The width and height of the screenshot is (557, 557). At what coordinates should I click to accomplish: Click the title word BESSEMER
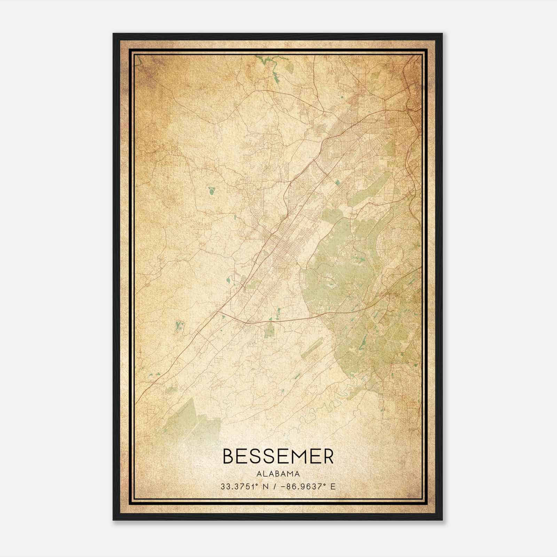[278, 456]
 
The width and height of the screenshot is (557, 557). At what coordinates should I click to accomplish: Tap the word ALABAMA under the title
[278, 474]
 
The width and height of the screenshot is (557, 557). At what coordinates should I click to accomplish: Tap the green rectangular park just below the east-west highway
[269, 330]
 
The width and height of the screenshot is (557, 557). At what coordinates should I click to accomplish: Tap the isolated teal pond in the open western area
[211, 190]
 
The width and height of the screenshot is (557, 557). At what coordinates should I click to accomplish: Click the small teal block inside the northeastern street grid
[337, 182]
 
